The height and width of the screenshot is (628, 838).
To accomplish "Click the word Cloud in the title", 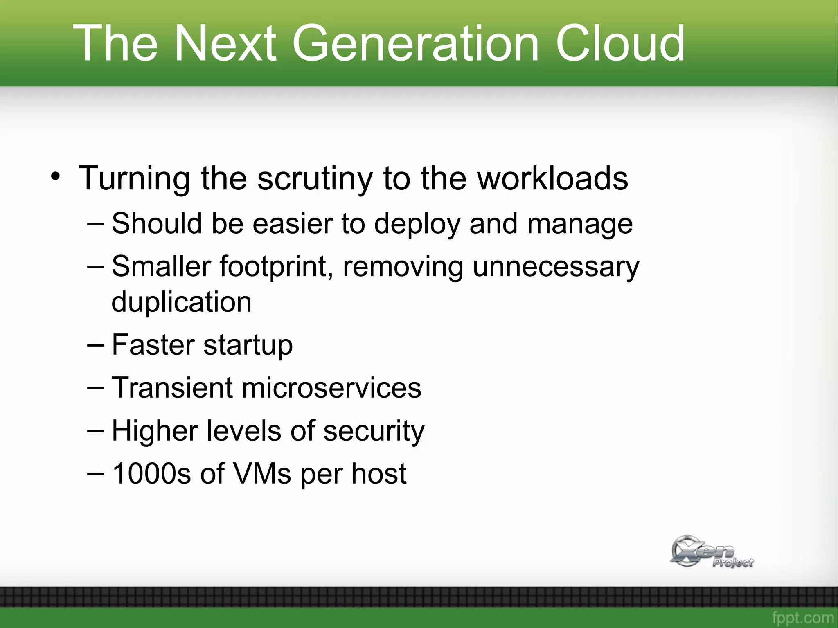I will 619,43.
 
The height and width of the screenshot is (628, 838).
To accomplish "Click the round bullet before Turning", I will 56,177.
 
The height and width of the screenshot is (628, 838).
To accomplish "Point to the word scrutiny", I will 315,179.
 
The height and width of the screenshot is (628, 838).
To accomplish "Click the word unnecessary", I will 556,267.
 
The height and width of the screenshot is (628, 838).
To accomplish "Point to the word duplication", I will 181,302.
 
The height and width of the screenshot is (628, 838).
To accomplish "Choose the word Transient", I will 171,387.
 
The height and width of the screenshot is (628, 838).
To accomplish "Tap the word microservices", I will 331,387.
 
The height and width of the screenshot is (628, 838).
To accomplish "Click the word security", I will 374,431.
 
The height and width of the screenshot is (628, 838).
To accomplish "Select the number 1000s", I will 151,473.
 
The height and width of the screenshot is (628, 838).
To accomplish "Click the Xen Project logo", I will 711,551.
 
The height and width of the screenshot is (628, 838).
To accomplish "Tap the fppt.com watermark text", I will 802,618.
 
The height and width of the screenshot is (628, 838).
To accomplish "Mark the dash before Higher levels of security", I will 95,431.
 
